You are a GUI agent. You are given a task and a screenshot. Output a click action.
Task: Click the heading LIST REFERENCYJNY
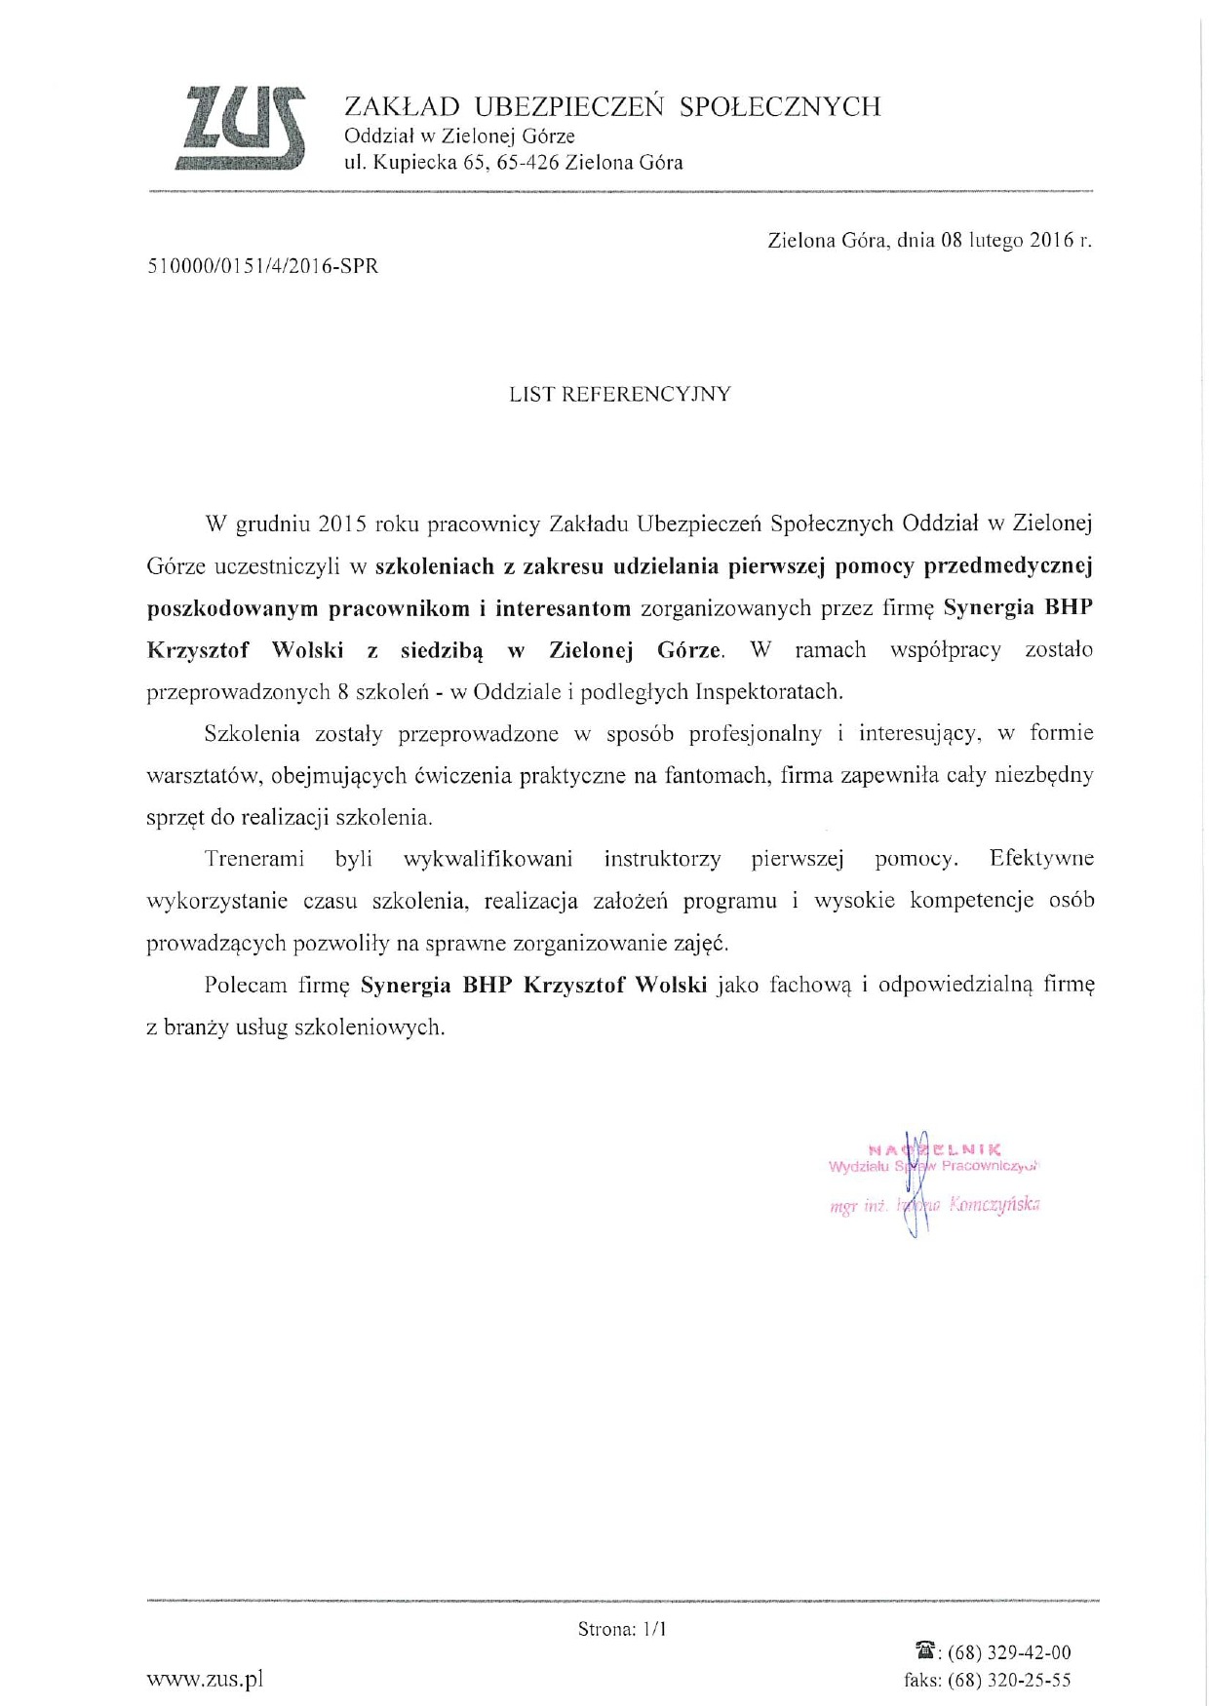(620, 395)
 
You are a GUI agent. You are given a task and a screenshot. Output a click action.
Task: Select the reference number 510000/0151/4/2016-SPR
(262, 266)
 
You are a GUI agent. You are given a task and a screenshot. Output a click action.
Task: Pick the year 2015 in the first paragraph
(341, 523)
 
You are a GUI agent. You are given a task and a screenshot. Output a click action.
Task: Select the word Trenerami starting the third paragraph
(254, 859)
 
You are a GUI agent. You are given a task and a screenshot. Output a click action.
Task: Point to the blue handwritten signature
(913, 1184)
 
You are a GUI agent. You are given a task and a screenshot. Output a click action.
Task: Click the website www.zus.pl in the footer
(205, 1679)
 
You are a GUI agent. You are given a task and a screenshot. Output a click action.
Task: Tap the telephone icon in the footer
(925, 1651)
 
